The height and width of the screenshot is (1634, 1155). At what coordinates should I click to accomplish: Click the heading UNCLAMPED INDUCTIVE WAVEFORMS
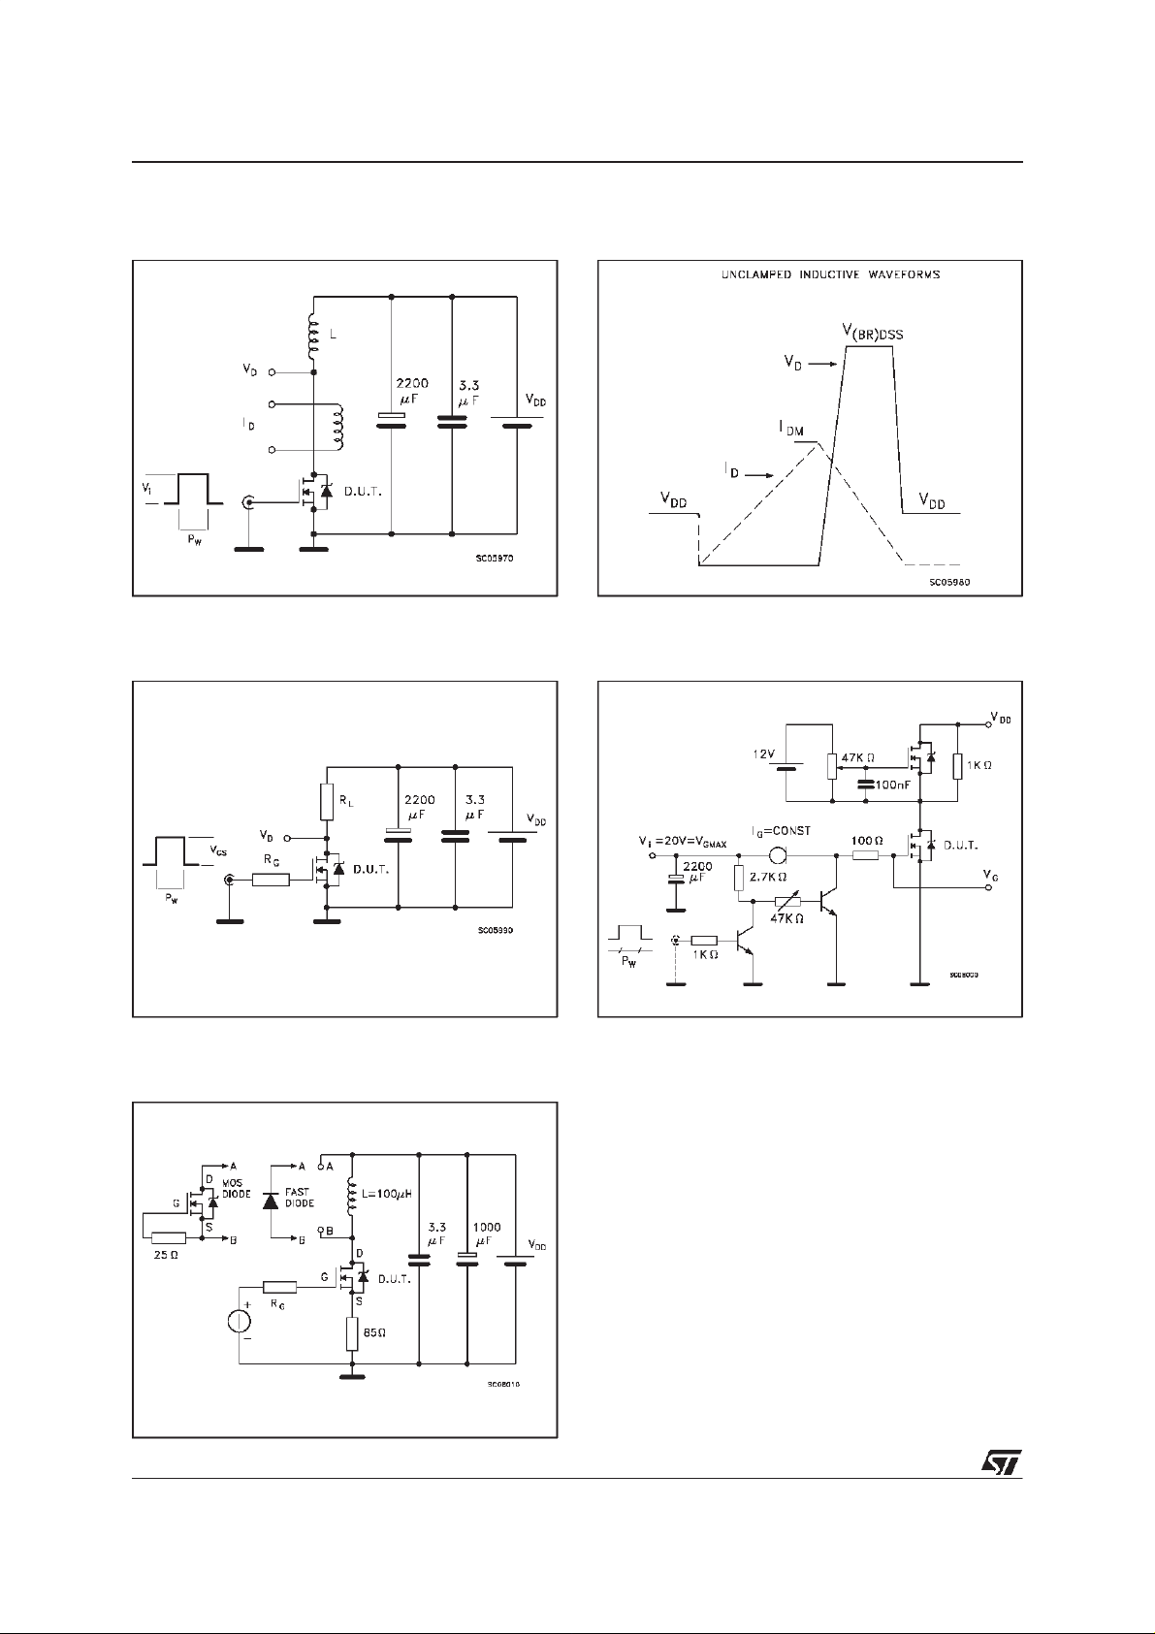(830, 274)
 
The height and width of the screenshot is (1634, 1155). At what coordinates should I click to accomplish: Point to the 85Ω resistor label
(374, 1332)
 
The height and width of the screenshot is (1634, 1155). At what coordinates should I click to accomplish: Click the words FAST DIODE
(300, 1198)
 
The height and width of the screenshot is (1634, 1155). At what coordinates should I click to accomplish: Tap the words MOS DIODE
(235, 1190)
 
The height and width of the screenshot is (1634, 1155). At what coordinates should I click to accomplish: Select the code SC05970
(496, 559)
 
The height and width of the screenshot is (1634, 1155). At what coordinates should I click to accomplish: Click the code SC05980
(950, 582)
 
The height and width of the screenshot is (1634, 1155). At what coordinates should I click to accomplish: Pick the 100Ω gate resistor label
(866, 840)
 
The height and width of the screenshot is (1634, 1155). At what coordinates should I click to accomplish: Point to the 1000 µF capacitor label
(487, 1234)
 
